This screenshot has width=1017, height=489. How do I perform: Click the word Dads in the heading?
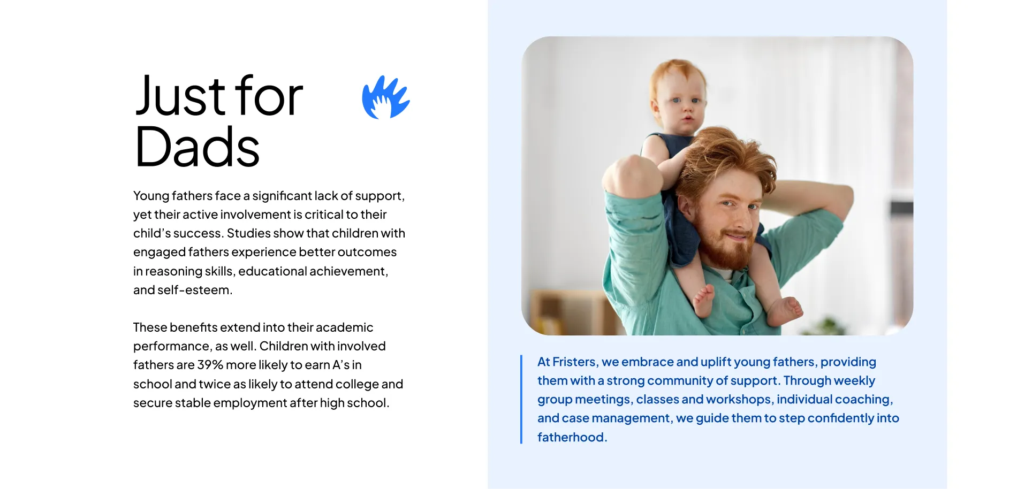[x=198, y=147]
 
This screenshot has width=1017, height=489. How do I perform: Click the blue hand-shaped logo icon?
[x=386, y=97]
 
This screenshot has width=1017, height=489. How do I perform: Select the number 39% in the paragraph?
[x=210, y=365]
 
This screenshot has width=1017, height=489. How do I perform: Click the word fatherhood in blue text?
[x=571, y=437]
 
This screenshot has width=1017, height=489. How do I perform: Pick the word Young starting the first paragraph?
[x=151, y=196]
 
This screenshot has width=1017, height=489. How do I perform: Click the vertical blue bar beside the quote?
[x=521, y=399]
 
